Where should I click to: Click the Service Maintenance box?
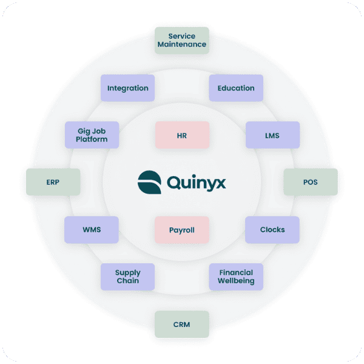(x=182, y=40)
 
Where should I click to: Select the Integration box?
(x=127, y=88)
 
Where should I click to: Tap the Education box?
(x=236, y=88)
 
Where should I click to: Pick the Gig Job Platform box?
(x=92, y=135)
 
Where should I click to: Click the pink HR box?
(x=182, y=135)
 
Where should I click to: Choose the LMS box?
(x=272, y=135)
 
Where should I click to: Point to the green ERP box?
(x=53, y=182)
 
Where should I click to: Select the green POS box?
(x=311, y=182)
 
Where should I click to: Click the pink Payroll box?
(x=182, y=230)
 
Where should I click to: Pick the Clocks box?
(x=272, y=230)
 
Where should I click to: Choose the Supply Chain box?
(x=127, y=277)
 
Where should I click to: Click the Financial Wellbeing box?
(x=236, y=277)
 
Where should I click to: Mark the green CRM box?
(x=181, y=325)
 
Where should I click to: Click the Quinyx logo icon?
(x=148, y=181)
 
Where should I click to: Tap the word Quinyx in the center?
(x=195, y=182)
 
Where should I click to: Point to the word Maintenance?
(x=182, y=44)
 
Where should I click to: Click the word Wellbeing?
(x=236, y=281)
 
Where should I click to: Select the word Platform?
(x=92, y=140)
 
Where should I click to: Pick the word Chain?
(x=127, y=281)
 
